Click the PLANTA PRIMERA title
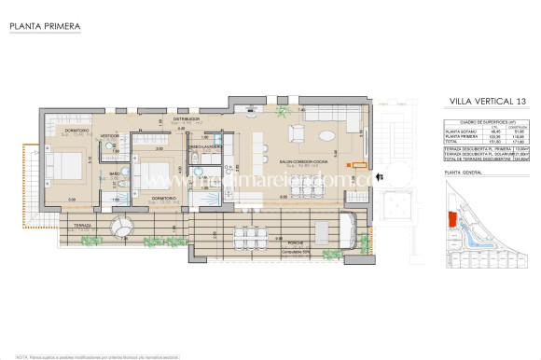click(44, 27)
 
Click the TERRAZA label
click(75, 225)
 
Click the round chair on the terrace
click(121, 227)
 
